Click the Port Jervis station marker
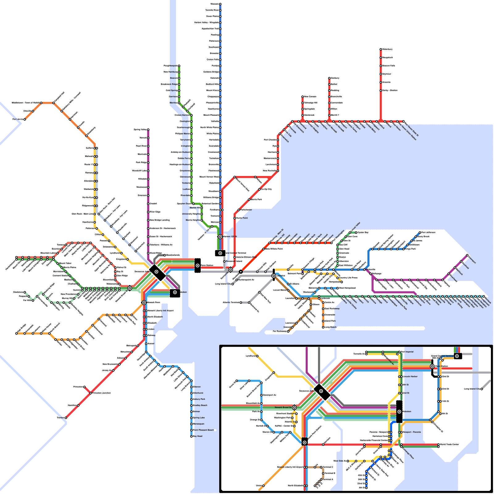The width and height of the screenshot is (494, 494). [x=25, y=119]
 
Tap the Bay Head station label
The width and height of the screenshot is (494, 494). [x=198, y=436]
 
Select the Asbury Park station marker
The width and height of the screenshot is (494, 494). [x=191, y=399]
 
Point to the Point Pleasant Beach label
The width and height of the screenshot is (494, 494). [x=203, y=430]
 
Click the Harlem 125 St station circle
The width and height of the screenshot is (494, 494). [x=220, y=237]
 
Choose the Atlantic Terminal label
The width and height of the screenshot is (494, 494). [x=231, y=303]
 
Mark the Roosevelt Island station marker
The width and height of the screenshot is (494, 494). [x=224, y=262]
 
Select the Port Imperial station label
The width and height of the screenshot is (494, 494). [x=407, y=352]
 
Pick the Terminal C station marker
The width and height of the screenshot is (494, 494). [x=321, y=467]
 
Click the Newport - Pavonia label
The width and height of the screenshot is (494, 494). [x=412, y=432]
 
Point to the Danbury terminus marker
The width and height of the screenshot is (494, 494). [x=329, y=78]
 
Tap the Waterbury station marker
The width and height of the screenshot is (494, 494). [x=381, y=49]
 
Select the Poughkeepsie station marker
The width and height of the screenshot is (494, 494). [x=179, y=66]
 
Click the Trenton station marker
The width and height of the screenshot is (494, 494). [x=66, y=418]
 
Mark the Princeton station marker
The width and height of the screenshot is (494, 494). [x=84, y=387]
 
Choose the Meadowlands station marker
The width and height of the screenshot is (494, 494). [x=165, y=255]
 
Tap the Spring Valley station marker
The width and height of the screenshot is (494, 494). [x=148, y=130]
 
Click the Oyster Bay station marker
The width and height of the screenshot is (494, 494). [x=356, y=232]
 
